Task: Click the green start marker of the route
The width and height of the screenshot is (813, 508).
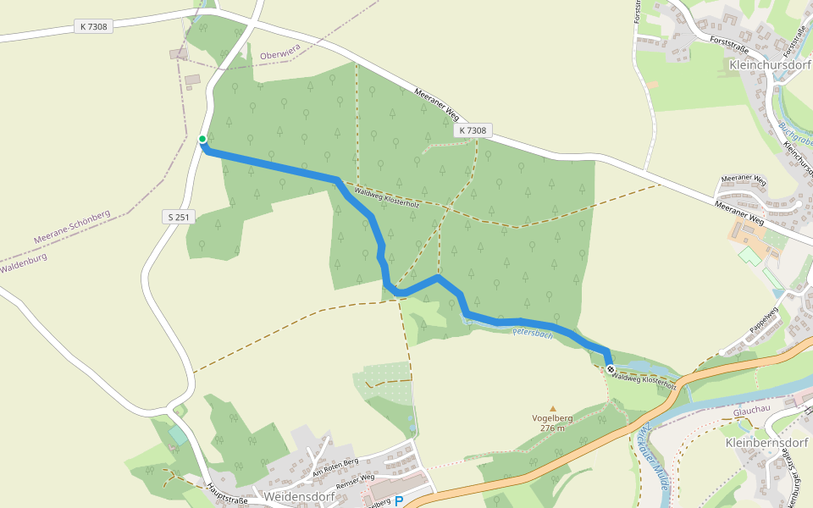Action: click(x=202, y=139)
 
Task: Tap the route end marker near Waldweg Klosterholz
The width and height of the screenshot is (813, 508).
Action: click(x=611, y=369)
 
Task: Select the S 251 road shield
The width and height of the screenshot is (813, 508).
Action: click(x=178, y=218)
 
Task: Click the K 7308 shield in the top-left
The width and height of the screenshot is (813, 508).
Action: click(x=94, y=26)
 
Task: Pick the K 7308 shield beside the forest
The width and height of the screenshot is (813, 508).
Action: click(x=473, y=130)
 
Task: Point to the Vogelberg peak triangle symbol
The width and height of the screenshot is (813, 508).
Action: click(x=553, y=408)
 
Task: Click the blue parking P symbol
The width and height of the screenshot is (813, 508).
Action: click(x=399, y=501)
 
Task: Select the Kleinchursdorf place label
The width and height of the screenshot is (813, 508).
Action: click(x=770, y=64)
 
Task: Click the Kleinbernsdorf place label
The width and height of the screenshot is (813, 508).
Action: click(x=767, y=443)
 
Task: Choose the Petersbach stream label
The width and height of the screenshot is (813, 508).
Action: click(x=533, y=334)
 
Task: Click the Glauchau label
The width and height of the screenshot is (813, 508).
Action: click(x=750, y=410)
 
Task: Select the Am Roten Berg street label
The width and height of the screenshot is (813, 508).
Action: click(x=335, y=467)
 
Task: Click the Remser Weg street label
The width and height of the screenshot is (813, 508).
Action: click(x=356, y=481)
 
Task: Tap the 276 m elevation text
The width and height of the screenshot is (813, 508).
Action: click(x=552, y=428)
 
